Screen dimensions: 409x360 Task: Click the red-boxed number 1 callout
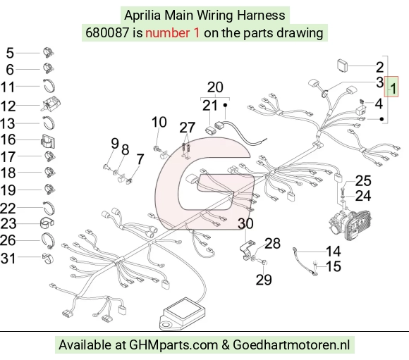[x=391, y=87]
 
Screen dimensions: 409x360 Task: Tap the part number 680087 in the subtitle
[x=107, y=33]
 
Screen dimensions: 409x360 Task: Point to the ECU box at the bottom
[x=183, y=314]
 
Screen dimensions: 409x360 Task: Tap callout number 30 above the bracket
[x=245, y=223]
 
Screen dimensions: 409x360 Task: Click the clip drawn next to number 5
[x=48, y=53]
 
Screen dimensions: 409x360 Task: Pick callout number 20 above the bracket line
[x=215, y=87]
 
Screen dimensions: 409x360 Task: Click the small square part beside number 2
[x=343, y=65]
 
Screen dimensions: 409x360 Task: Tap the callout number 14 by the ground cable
[x=334, y=252]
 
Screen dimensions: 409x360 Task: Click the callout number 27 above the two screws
[x=188, y=128]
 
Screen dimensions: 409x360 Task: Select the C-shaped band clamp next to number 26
[x=48, y=240]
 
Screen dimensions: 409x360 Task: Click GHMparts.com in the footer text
[x=173, y=345]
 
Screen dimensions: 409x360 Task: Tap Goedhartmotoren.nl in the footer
[x=291, y=345]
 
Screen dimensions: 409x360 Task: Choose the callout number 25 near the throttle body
[x=363, y=180]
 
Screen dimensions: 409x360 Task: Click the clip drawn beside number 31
[x=48, y=258]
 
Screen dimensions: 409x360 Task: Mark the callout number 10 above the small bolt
[x=159, y=122]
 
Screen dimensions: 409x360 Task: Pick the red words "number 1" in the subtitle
[x=173, y=33]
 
